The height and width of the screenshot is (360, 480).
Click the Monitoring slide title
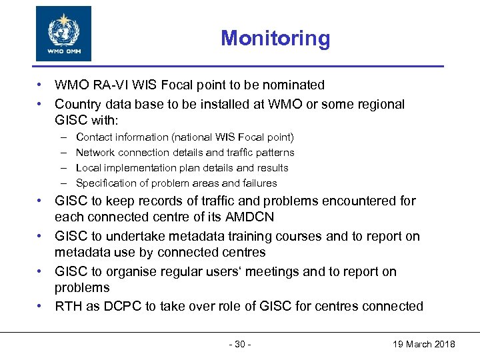(275, 39)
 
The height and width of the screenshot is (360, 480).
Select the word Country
(78, 105)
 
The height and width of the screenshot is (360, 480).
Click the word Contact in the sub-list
(94, 137)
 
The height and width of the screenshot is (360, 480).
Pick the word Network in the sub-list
(96, 153)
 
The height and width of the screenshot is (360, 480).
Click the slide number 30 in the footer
(240, 344)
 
